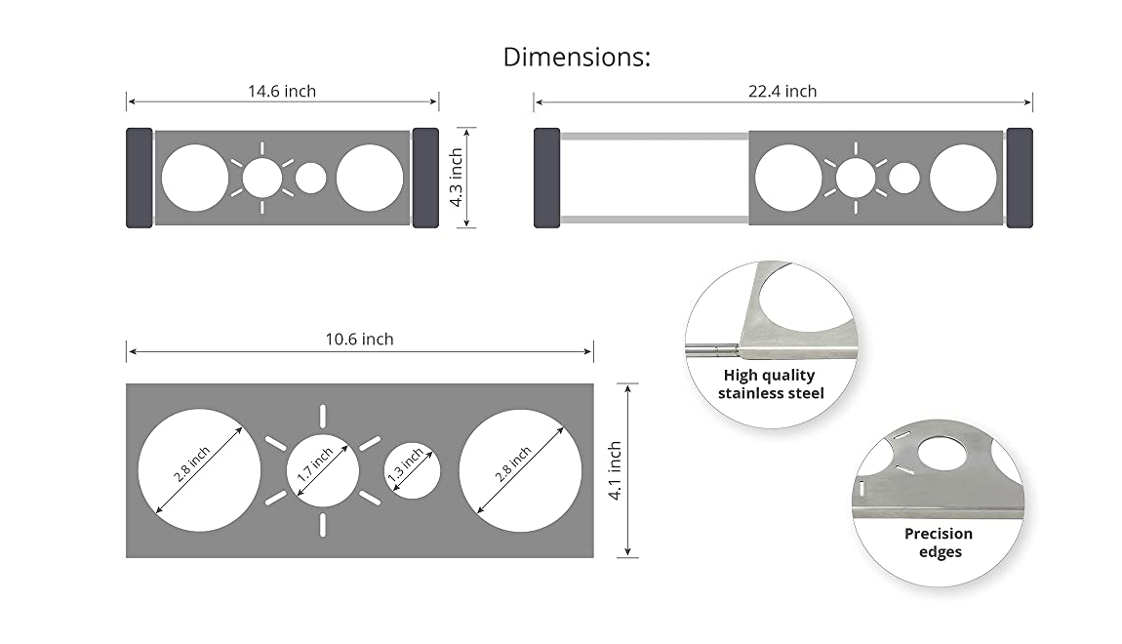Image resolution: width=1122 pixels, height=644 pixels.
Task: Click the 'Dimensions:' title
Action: [x=576, y=57]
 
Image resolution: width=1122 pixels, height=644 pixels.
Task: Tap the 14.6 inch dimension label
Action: [x=281, y=92]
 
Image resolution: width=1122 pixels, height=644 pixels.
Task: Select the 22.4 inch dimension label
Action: [x=782, y=92]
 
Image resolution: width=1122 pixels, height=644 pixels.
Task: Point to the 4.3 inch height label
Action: [x=456, y=178]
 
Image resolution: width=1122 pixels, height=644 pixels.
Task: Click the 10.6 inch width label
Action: [x=359, y=340]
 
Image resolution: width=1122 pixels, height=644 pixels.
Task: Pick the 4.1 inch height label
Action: [x=615, y=470]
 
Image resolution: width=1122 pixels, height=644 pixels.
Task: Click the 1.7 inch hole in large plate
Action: [x=322, y=470]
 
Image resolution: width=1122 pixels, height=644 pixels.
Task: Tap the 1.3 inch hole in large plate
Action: [x=411, y=470]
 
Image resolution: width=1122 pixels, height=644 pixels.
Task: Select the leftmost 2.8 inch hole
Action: [x=200, y=470]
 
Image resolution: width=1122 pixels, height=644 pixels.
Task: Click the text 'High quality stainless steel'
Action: [x=770, y=384]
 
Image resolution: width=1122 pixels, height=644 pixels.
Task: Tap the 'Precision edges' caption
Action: [x=938, y=543]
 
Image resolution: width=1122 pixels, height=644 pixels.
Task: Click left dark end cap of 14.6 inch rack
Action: [x=140, y=178]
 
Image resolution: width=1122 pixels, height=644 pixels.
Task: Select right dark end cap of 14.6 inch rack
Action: [x=425, y=178]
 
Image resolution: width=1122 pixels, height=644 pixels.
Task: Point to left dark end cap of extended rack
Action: [x=546, y=178]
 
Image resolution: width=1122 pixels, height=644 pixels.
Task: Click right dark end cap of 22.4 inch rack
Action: [x=1020, y=178]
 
